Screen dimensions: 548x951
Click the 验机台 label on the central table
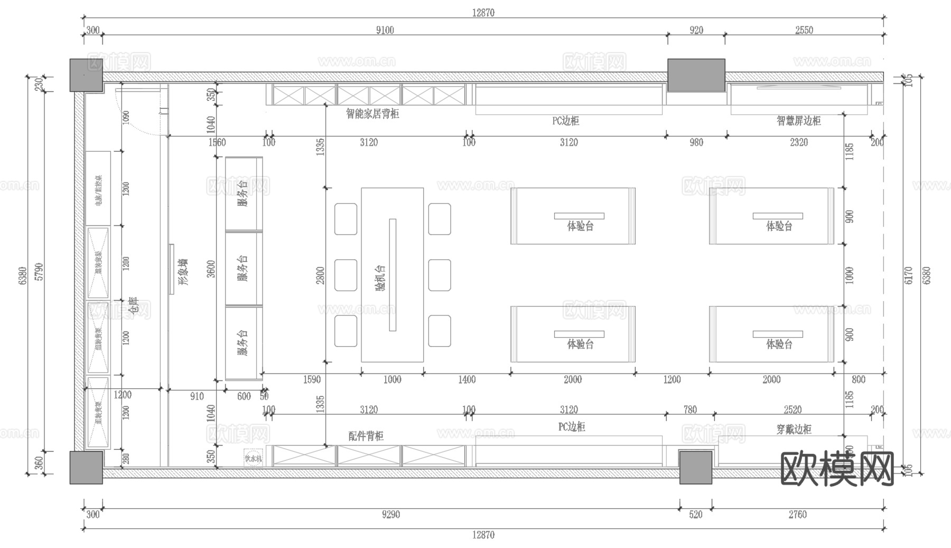pyautogui.click(x=380, y=278)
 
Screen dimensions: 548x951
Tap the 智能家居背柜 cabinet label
pyautogui.click(x=372, y=114)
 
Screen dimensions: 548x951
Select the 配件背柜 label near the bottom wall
pyautogui.click(x=366, y=436)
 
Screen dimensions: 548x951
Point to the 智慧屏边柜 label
pyautogui.click(x=798, y=120)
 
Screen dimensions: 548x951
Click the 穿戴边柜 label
pyautogui.click(x=794, y=429)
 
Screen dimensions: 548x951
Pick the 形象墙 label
pyautogui.click(x=183, y=272)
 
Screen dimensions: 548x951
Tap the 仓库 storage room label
pyautogui.click(x=133, y=306)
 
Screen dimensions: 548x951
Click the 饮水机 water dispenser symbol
pyautogui.click(x=253, y=458)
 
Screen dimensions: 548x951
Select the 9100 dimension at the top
pyautogui.click(x=385, y=30)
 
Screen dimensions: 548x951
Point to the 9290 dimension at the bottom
pyautogui.click(x=390, y=514)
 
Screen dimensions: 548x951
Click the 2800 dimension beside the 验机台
pyautogui.click(x=320, y=275)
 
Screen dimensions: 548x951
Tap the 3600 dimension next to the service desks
pyautogui.click(x=211, y=268)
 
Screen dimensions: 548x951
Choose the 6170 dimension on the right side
pyautogui.click(x=908, y=275)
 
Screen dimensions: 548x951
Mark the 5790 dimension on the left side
pyautogui.click(x=39, y=272)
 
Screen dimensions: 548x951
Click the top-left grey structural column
pyautogui.click(x=86, y=75)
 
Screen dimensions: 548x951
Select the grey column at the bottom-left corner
pyautogui.click(x=86, y=468)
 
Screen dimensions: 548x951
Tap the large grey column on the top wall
pyautogui.click(x=696, y=75)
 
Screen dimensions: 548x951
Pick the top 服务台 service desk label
pyautogui.click(x=243, y=193)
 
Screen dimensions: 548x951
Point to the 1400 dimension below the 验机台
pyautogui.click(x=467, y=379)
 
